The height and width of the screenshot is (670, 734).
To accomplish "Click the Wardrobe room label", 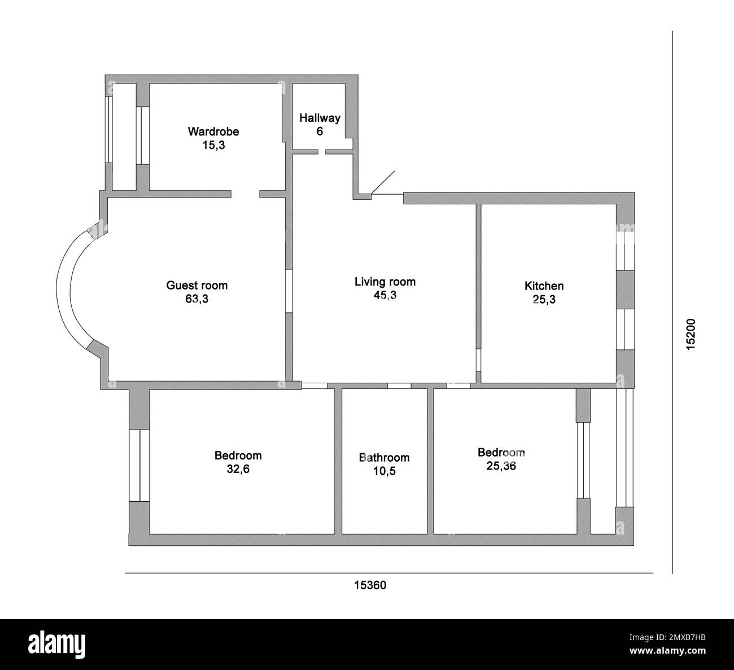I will pos(213,132).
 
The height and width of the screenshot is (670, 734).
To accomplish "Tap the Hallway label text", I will pos(320,118).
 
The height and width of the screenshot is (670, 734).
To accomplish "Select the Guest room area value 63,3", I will pos(196,299).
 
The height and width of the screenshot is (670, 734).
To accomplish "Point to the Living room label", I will pos(385,281).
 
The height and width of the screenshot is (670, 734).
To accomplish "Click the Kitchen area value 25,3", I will pos(544,300).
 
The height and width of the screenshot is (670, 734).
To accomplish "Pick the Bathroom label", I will pos(384,457).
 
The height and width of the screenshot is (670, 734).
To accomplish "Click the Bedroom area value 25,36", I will pos(501,466).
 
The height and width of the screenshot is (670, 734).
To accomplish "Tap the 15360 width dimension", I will pos(370,585).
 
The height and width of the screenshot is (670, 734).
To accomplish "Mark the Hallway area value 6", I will pos(320,132).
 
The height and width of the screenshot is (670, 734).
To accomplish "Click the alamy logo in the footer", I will pos(56,643).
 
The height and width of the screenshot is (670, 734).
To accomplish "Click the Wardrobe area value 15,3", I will pos(213,145).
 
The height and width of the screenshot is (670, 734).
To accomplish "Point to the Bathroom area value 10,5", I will pos(384,471).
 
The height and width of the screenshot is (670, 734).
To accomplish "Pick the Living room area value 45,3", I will pos(385,295).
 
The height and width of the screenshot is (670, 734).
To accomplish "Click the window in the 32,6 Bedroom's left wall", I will pos(139,466).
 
